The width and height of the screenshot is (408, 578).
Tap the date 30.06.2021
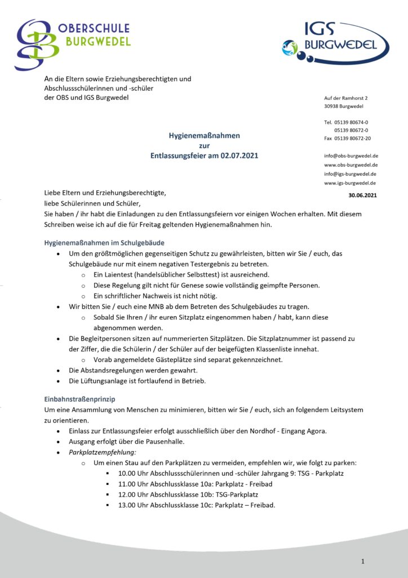[362, 195]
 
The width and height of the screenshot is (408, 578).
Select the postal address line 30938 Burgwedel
[343, 106]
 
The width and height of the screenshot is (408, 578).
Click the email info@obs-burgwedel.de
[351, 156]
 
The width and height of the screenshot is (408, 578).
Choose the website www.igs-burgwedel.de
[350, 183]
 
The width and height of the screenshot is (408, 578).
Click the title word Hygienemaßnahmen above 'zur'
[205, 135]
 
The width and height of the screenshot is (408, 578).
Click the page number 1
[363, 561]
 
